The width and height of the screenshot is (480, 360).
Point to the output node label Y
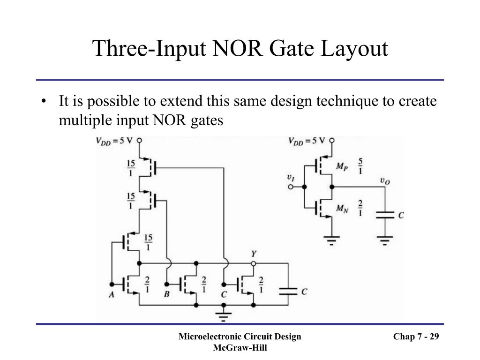click(x=254, y=254)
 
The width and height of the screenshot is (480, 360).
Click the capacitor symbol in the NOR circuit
click(x=288, y=291)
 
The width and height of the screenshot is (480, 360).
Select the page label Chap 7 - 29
click(x=416, y=337)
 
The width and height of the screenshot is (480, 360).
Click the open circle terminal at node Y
click(x=254, y=263)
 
